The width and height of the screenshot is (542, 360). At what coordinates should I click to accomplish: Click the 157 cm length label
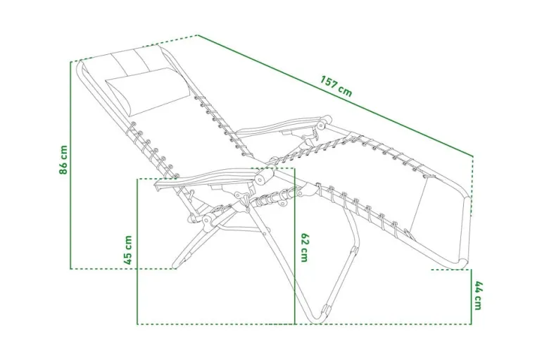[336, 86]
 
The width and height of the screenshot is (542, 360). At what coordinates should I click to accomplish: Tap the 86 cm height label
[63, 160]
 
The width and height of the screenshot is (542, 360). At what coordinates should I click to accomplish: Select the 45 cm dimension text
[128, 250]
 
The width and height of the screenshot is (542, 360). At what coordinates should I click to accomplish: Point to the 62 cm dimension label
[304, 247]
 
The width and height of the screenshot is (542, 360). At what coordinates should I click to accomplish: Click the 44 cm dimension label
[478, 296]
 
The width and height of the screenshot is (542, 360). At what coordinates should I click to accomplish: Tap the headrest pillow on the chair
[148, 92]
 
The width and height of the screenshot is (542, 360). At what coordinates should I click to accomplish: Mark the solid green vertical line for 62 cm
[294, 247]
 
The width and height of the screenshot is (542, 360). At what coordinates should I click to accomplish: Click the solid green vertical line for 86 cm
[70, 166]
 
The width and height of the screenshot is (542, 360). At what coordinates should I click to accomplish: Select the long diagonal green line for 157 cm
[335, 96]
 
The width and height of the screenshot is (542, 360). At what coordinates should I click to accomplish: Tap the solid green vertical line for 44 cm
[471, 297]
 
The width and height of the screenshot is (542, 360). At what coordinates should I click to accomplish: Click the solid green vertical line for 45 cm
[137, 252]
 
